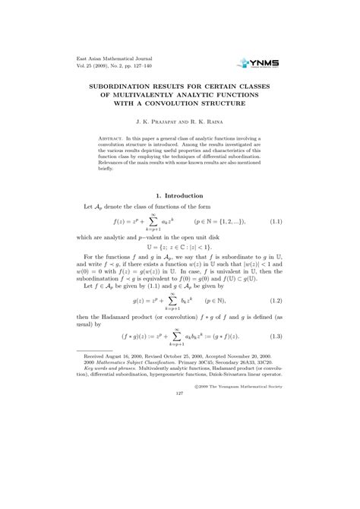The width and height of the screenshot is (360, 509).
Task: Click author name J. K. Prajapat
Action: click(x=159, y=122)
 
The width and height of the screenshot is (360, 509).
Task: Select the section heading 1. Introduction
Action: click(x=179, y=195)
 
